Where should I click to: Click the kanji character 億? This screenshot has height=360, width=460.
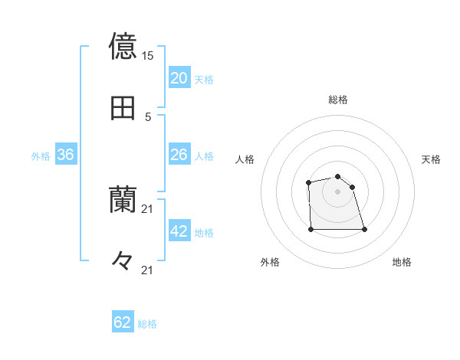pos(123,46)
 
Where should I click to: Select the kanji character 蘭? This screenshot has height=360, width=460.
pos(123,201)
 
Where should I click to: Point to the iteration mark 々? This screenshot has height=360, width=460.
pos(123,261)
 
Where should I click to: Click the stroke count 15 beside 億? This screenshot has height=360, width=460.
pos(148,56)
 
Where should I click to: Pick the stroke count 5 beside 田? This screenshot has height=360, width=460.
pos(148,116)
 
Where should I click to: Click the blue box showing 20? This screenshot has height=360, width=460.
pos(179,78)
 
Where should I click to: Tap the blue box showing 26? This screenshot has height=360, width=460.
pos(179,155)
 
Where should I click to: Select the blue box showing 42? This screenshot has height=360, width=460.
pos(179,232)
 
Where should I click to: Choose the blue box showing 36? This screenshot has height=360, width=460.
pos(65,155)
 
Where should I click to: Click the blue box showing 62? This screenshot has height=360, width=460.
pos(123,322)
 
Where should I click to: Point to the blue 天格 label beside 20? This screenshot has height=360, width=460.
pos(204,80)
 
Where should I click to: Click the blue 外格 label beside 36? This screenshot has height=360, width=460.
pos(41,156)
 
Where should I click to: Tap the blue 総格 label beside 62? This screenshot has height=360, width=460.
pos(147,324)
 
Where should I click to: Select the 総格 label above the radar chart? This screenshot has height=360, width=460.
pos(337,100)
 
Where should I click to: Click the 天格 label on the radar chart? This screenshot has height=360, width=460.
pos(431,159)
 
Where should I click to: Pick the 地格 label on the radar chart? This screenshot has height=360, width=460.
pos(402,262)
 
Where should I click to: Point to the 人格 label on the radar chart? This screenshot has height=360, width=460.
pos(245,159)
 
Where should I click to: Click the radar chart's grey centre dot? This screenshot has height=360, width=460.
pos(337,191)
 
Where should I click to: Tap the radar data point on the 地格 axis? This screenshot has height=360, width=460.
pos(364,229)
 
